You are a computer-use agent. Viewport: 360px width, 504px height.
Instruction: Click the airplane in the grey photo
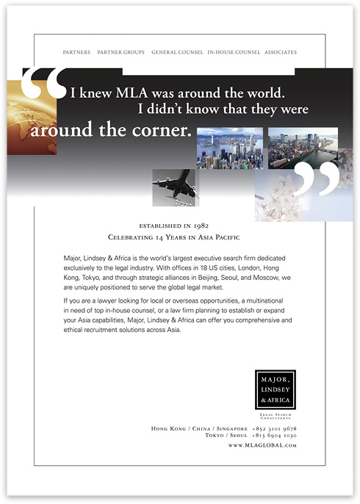pyautogui.click(x=176, y=187)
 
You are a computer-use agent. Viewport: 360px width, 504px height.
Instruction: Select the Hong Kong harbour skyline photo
pyautogui.click(x=229, y=148)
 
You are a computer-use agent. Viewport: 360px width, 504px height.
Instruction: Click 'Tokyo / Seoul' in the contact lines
pyautogui.click(x=226, y=436)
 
